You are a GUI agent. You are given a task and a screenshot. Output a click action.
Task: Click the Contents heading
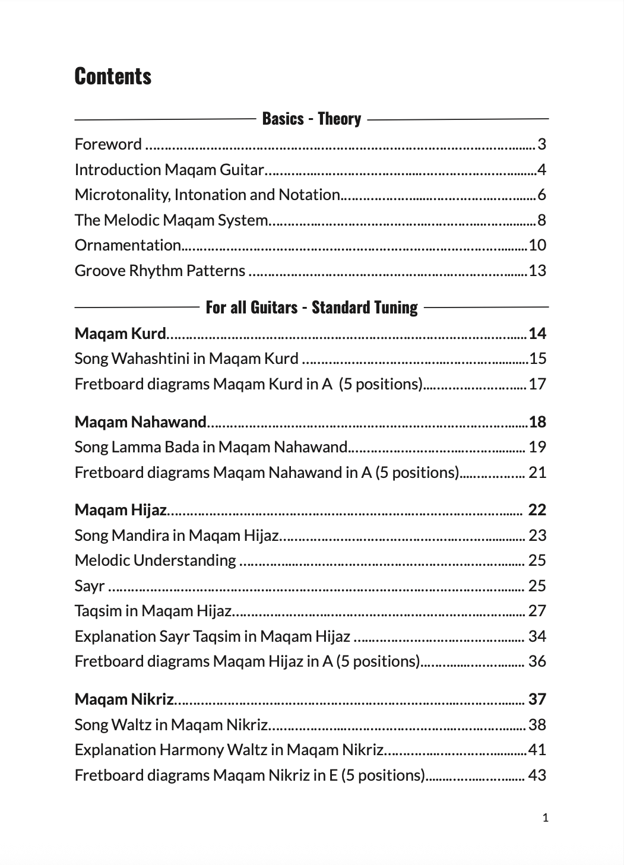(113, 77)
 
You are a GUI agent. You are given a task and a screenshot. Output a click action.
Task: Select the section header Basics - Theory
(311, 119)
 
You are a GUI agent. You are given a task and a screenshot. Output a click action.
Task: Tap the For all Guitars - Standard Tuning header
(311, 308)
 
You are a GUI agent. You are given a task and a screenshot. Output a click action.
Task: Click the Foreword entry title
(108, 144)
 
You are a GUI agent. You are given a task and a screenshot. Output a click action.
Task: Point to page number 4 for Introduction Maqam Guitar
(541, 170)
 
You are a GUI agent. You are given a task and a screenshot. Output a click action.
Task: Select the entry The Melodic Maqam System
(171, 220)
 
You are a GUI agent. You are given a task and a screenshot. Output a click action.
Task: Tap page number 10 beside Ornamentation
(537, 245)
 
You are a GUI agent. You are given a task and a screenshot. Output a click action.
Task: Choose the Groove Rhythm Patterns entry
(160, 271)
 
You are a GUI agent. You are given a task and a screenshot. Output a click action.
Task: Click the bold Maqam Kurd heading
(120, 334)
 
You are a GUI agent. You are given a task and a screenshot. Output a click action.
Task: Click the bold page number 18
(537, 422)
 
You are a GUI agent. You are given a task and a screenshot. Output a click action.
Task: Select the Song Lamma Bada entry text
(211, 447)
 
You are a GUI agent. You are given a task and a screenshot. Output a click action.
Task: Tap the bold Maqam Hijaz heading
(121, 510)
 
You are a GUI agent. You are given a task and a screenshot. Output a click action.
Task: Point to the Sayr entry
(90, 586)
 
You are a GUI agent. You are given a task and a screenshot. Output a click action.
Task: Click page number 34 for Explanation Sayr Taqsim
(537, 636)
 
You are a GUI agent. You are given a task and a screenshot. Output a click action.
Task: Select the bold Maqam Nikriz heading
(124, 699)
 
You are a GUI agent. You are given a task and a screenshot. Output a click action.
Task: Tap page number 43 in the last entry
(537, 775)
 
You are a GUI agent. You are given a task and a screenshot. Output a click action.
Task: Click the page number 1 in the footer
(546, 818)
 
